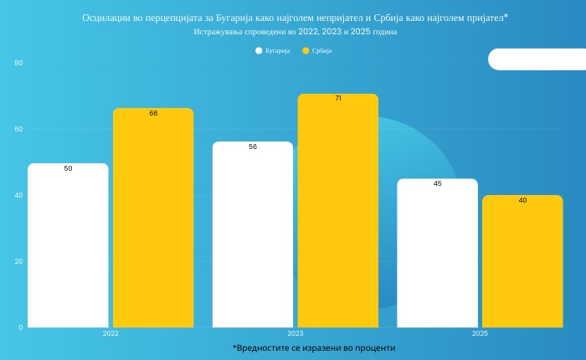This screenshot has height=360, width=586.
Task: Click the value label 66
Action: coord(153,113)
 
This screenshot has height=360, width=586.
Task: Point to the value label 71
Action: coord(338,98)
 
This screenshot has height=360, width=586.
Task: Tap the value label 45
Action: coord(437,183)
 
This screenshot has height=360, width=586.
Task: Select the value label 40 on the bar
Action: coord(522,200)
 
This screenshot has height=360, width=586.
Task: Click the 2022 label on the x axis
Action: coord(111,333)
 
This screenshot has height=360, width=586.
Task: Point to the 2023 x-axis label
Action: coord(296,333)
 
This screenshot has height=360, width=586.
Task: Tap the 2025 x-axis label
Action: coord(480,333)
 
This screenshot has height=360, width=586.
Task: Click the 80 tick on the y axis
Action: coord(18,64)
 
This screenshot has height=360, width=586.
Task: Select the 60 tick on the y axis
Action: coord(18,129)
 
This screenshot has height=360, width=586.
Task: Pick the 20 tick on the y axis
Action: coord(18,261)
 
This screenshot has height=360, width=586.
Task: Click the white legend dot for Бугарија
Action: coord(259,51)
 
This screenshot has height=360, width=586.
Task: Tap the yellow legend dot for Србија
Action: coord(306,51)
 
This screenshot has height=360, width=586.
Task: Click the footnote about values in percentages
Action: coord(314,347)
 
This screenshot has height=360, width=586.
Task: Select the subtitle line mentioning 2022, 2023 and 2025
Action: coord(296,31)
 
